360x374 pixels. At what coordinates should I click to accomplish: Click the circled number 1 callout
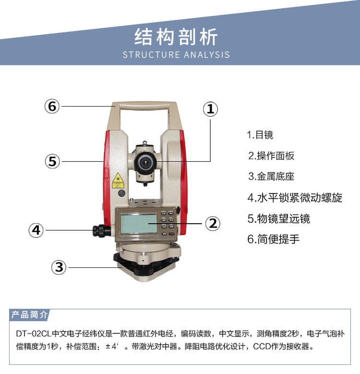210,109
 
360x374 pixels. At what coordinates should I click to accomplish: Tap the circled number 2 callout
213,224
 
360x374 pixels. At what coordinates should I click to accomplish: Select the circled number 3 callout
59,267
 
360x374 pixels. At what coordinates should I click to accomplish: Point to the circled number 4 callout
36,230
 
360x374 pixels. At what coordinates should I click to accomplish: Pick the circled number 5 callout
52,161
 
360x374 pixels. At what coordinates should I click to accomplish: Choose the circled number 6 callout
52,106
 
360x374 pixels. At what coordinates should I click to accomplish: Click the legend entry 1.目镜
260,135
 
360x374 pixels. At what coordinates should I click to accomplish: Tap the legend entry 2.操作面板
271,156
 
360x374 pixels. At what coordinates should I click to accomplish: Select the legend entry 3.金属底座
271,177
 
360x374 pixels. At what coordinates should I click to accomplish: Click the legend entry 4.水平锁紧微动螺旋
295,197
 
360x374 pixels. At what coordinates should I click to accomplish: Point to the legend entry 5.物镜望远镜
279,218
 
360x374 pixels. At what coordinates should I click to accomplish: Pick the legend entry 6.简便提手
274,239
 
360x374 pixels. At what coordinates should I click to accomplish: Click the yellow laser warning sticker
118,181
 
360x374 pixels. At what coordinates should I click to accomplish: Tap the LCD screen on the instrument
139,224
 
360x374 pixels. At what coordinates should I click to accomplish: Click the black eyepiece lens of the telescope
145,163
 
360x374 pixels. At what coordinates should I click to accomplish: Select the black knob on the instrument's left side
102,230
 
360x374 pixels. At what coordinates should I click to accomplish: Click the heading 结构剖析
176,36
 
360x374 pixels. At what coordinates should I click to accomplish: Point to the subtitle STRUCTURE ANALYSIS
176,55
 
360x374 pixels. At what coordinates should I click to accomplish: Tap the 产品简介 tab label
29,314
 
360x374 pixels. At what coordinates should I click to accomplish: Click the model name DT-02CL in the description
34,333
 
